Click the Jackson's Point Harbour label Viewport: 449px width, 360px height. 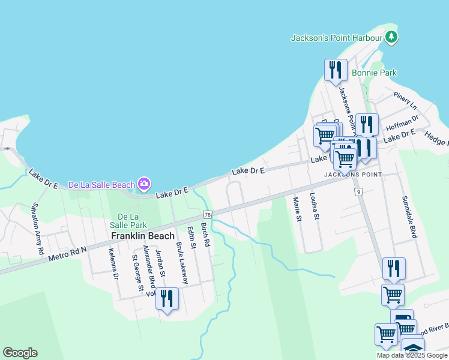(336, 38)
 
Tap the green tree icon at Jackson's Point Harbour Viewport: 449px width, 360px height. (391, 37)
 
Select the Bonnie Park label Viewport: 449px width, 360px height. (375, 73)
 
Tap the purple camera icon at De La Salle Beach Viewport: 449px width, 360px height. (144, 184)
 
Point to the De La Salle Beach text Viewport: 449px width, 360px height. (101, 185)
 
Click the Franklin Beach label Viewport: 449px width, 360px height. (142, 236)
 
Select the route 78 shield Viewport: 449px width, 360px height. (208, 215)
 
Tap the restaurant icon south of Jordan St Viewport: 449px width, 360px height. (167, 298)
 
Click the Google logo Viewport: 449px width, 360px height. (20, 353)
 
